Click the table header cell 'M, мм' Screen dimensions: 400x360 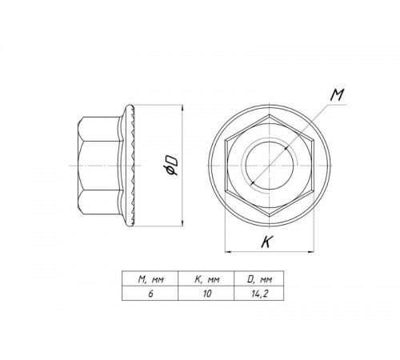tap(150, 279)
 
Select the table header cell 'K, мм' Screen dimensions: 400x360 tap(206, 279)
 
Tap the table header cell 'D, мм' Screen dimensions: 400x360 tap(259, 279)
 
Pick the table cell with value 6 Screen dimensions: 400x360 tap(150, 294)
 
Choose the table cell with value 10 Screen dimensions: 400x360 tap(206, 294)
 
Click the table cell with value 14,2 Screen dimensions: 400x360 tap(259, 294)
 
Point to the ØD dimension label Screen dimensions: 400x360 tap(170, 166)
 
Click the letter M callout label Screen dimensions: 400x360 tap(337, 95)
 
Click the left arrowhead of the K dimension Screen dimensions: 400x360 tap(228, 251)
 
